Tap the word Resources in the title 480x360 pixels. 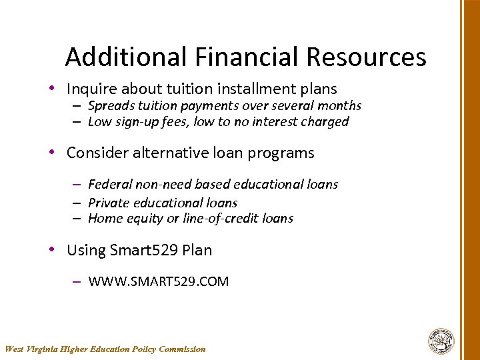tap(366, 57)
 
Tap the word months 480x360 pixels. tap(339, 106)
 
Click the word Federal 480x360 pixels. tap(109, 184)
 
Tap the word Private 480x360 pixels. tap(107, 203)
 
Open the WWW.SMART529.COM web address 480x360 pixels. tap(158, 281)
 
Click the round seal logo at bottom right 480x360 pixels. tap(441, 341)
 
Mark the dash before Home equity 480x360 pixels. tap(77, 219)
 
